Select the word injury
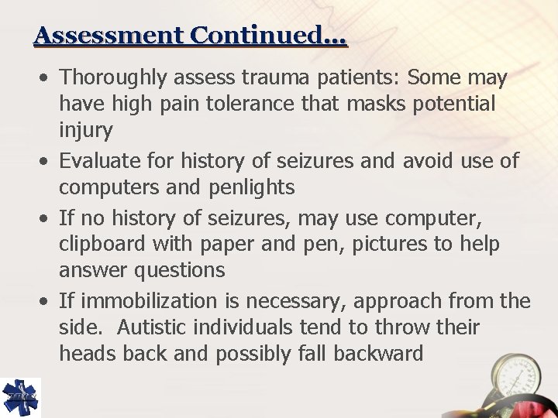[x=85, y=130]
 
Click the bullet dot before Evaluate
[x=47, y=161]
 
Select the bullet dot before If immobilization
[x=47, y=300]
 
